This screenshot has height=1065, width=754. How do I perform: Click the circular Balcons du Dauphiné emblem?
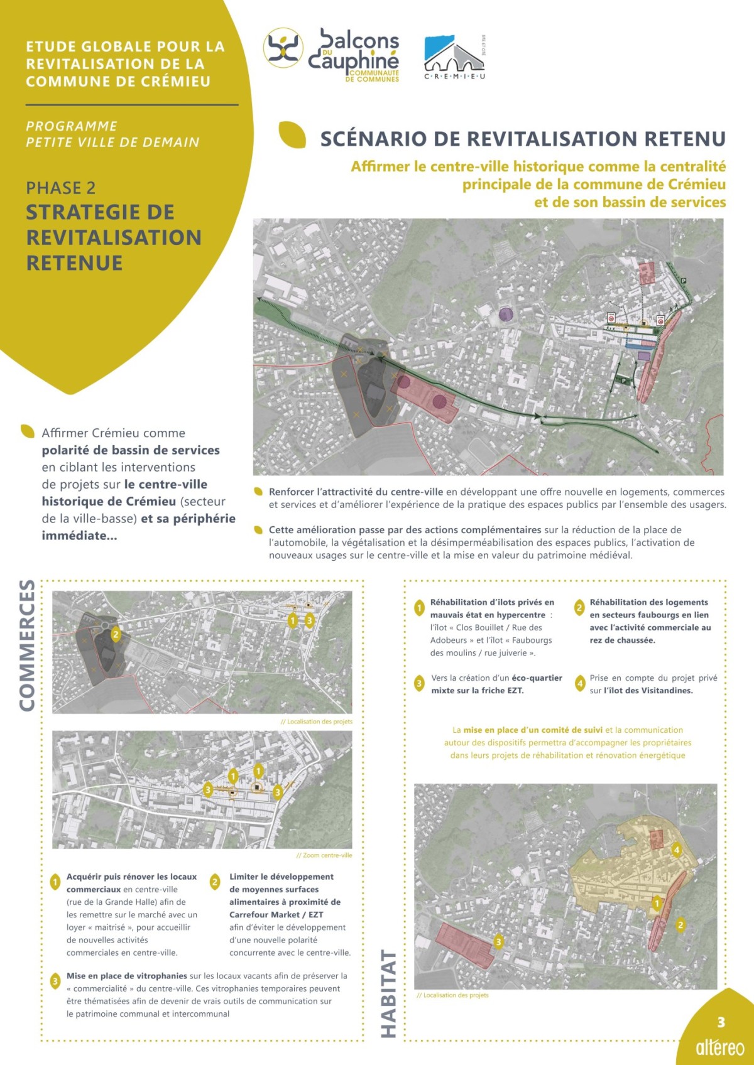(283, 48)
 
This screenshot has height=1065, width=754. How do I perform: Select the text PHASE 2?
(61, 188)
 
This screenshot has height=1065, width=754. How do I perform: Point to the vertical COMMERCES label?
(27, 645)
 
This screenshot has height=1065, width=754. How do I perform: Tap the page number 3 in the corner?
(721, 1022)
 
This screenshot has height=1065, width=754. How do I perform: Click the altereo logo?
(719, 1047)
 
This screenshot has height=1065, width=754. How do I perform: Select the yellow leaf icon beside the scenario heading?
(292, 134)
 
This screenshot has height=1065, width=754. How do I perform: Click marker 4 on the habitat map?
(677, 850)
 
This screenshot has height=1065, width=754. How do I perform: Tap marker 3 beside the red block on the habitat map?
(498, 941)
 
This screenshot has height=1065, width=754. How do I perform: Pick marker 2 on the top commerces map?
(116, 634)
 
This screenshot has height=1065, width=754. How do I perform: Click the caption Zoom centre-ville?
(324, 855)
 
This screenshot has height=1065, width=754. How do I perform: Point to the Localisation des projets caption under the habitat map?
(452, 995)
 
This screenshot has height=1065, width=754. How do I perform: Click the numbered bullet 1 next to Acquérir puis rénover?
(55, 882)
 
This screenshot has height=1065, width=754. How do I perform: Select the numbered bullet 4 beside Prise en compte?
(580, 684)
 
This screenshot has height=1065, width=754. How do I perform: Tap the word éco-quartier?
(537, 678)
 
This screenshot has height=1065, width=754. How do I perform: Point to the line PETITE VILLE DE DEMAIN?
(112, 143)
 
